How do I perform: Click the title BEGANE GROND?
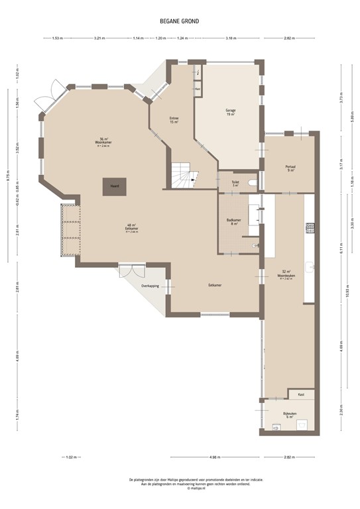tap(179, 21)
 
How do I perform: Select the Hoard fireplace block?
tap(110, 186)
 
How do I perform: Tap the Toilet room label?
tap(235, 182)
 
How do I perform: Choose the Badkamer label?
tap(233, 221)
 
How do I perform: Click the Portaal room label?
tap(290, 168)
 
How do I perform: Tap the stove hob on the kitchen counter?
tap(309, 227)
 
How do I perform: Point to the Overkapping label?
tap(150, 286)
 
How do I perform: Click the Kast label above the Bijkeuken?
tap(300, 394)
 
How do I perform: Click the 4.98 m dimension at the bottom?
tap(214, 457)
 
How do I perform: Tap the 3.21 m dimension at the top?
tap(100, 38)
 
